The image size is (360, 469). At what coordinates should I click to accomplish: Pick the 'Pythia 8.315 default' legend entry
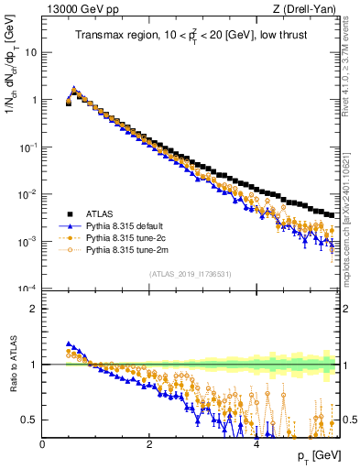[x=128, y=225]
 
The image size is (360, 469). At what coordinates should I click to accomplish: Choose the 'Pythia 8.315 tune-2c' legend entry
[x=128, y=237]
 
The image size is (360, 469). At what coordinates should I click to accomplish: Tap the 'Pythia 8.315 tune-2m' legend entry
[x=129, y=249]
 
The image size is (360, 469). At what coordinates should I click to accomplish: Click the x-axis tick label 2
[x=149, y=444]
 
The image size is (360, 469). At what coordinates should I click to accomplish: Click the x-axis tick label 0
[x=43, y=444]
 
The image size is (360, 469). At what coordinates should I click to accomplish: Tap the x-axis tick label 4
[x=256, y=444]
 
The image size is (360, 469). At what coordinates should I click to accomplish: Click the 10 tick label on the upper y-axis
[x=31, y=52]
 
